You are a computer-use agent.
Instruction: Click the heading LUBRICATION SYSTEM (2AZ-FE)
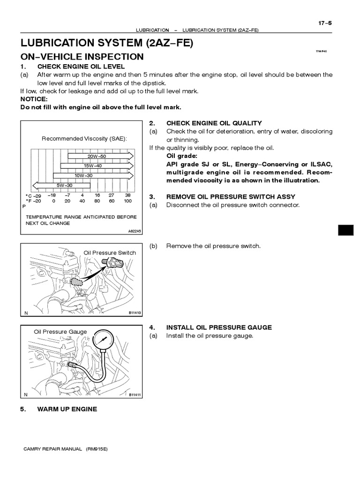[106, 44]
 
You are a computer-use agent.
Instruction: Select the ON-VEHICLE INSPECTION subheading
[82, 57]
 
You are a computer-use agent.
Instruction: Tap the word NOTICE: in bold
[34, 99]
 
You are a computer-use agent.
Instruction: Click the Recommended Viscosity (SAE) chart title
[84, 139]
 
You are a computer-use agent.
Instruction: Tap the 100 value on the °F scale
[127, 201]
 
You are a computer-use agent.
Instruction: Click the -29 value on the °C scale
[37, 195]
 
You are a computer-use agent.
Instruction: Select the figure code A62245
[134, 231]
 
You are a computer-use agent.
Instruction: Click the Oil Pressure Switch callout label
[110, 253]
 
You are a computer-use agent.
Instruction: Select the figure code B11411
[135, 395]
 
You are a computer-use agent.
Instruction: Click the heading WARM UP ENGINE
[67, 409]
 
